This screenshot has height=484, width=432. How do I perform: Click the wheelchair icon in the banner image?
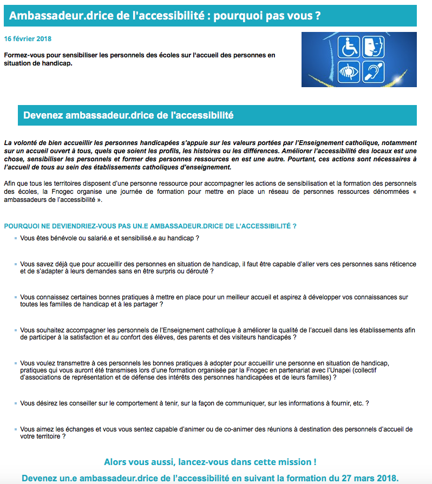click(x=349, y=47)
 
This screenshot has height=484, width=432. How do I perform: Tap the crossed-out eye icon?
click(x=349, y=71)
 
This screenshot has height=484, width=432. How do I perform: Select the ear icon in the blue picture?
click(x=373, y=71)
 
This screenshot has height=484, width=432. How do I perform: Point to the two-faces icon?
click(x=373, y=47)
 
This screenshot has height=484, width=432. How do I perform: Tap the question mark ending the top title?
click(x=317, y=16)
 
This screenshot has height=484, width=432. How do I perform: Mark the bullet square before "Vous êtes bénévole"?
click(x=16, y=238)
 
